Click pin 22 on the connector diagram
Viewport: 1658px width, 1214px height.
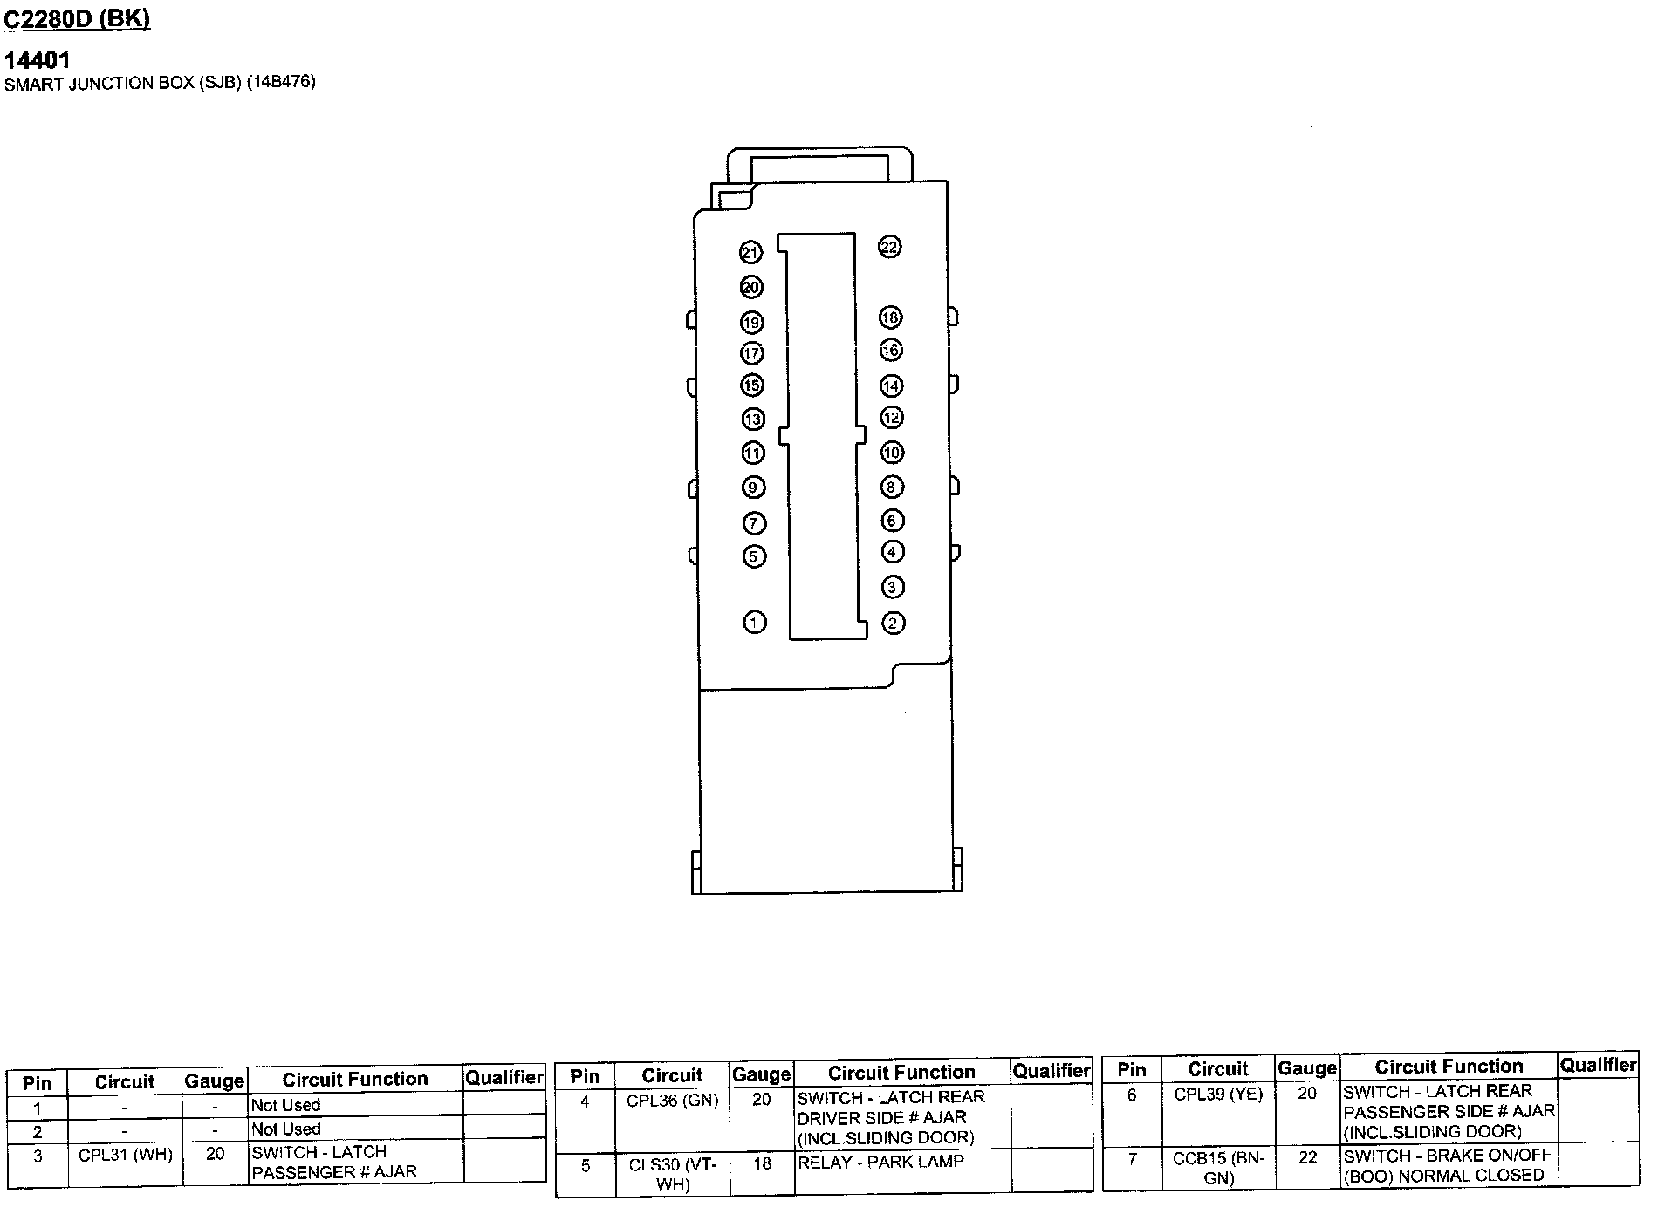pos(888,247)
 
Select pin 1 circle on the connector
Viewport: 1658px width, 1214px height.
pos(755,622)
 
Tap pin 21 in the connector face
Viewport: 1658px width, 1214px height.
pos(750,253)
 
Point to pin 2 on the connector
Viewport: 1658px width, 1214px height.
pos(893,623)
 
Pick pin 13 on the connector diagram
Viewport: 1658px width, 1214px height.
pos(753,419)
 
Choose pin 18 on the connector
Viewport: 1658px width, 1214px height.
pos(890,317)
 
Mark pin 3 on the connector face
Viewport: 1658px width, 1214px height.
pos(892,587)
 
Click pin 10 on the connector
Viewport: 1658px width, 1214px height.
pos(891,453)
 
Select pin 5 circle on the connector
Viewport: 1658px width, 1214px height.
pos(754,556)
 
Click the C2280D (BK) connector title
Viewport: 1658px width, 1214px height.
pos(78,19)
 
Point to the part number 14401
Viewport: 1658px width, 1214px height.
pos(38,60)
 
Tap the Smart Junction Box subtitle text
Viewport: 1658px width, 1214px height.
pos(160,84)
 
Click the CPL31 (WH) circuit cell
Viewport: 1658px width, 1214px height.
pos(126,1155)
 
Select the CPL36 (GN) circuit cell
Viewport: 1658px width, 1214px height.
pos(672,1101)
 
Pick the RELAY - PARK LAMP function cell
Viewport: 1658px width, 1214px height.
pos(880,1162)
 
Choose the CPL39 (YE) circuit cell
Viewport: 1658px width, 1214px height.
pos(1218,1095)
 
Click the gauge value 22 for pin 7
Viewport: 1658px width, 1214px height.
pos(1307,1157)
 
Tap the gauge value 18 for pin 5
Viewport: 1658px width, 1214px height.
pos(762,1163)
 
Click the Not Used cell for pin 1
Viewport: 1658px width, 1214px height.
pos(286,1105)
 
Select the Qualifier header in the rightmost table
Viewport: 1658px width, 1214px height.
pos(1598,1065)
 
